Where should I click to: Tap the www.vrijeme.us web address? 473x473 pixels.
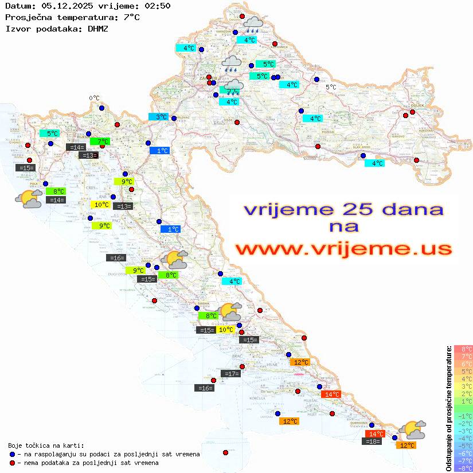343,248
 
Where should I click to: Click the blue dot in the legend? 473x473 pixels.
13,454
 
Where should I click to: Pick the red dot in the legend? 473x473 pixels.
13,463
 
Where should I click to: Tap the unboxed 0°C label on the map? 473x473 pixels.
94,98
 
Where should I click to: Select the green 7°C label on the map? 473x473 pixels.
100,141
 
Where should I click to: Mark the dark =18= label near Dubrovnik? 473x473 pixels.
373,441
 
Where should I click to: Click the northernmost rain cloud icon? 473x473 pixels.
253,24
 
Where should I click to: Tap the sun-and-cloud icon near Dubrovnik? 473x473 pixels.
413,429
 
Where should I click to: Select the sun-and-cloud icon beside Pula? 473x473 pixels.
29,198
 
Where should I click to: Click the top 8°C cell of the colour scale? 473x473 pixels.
463,349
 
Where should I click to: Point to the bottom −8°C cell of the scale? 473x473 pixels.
463,468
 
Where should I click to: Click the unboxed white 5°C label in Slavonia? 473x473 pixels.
331,87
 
